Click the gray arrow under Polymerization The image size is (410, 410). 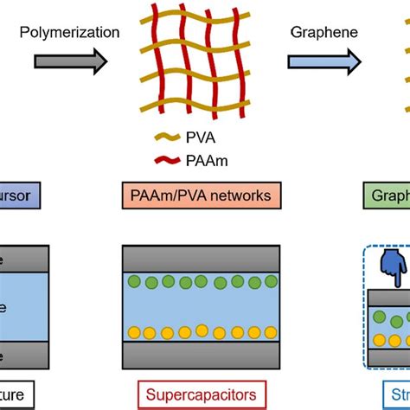pos(70,61)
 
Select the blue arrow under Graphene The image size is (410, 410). pos(324,61)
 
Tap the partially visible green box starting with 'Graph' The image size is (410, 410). pos(386,196)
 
